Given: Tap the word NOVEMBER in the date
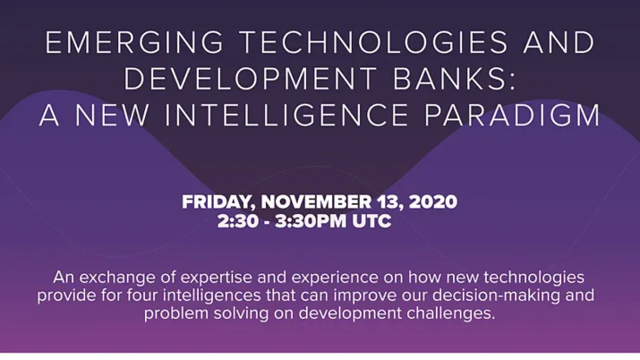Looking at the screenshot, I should pos(311,201).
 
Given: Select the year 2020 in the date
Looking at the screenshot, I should pos(431,201).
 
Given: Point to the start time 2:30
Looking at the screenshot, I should pos(235,220).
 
